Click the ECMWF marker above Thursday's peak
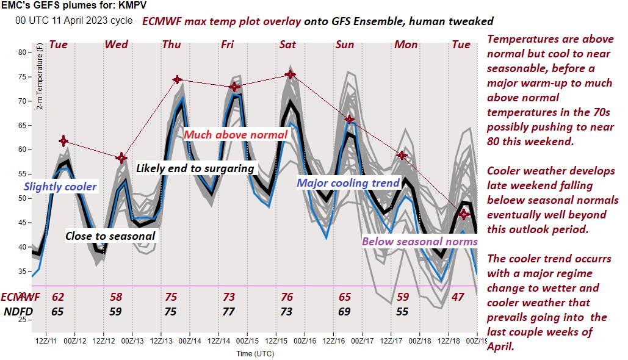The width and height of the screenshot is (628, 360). pyautogui.click(x=177, y=79)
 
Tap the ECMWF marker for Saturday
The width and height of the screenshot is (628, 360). pyautogui.click(x=290, y=74)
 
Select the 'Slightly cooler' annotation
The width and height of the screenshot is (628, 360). pyautogui.click(x=60, y=186)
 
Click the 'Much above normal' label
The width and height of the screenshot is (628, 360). pyautogui.click(x=236, y=134)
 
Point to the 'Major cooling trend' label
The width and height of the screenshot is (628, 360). pyautogui.click(x=348, y=182)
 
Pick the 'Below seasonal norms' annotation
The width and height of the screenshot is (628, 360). pyautogui.click(x=420, y=241)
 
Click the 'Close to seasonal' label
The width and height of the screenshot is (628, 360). pyautogui.click(x=110, y=236)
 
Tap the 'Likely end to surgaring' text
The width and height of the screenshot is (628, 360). pyautogui.click(x=195, y=168)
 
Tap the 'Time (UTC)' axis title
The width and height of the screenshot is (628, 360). pyautogui.click(x=257, y=353)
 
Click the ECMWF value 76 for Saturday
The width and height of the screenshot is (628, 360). pyautogui.click(x=286, y=297)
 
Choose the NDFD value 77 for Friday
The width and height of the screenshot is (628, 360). pyautogui.click(x=228, y=311)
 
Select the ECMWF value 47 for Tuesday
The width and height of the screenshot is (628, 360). pyautogui.click(x=457, y=297)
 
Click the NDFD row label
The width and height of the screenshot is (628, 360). pyautogui.click(x=18, y=311)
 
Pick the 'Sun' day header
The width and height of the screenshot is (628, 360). pyautogui.click(x=345, y=45)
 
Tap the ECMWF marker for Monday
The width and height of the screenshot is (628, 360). pyautogui.click(x=402, y=156)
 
